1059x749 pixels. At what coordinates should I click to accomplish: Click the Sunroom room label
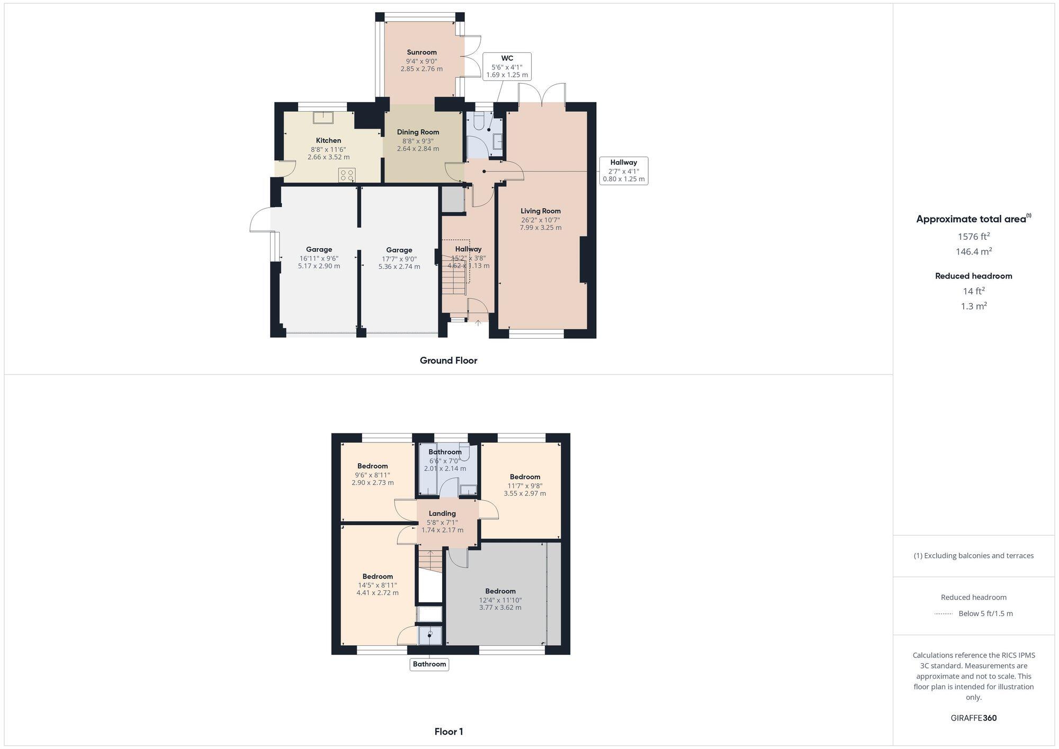pos(421,52)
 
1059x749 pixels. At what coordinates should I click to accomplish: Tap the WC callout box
pos(507,66)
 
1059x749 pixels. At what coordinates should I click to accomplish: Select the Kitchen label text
pos(328,141)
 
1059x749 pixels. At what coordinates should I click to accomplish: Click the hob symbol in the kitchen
pos(347,175)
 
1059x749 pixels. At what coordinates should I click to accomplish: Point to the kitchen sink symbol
pos(322,118)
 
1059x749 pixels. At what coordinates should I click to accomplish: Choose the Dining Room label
pos(418,132)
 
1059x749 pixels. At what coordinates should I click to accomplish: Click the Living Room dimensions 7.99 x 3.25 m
pos(540,228)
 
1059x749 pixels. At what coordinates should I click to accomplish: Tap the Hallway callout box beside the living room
pos(623,170)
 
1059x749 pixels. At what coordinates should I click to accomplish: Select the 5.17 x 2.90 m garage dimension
pos(319,266)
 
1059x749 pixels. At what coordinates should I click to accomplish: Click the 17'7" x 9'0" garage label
pos(399,259)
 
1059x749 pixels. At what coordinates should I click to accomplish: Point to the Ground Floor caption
pos(448,360)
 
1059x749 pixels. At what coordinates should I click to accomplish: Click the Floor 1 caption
pos(448,732)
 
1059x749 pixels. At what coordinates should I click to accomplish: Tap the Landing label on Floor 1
pos(442,513)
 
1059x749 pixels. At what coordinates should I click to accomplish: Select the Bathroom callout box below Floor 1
pos(429,664)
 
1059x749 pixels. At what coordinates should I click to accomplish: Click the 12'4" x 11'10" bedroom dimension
pos(500,600)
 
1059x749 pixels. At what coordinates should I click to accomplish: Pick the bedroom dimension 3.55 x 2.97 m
pos(524,493)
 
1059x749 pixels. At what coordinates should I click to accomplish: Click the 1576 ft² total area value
pos(973,237)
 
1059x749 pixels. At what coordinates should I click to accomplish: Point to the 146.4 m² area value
pos(973,251)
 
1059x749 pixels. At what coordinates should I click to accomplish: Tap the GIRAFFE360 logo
pos(973,718)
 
